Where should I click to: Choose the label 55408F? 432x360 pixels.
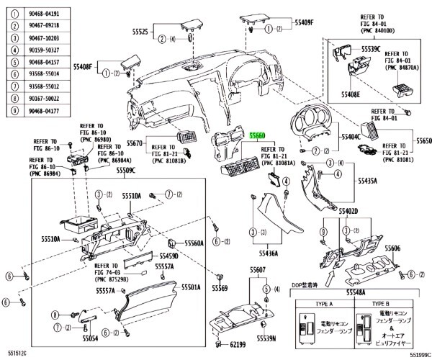pyautogui.click(x=82, y=66)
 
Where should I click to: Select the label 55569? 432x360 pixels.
pyautogui.click(x=220, y=288)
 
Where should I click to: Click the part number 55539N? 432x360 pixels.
pyautogui.click(x=266, y=338)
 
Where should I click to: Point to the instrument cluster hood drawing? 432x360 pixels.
pyautogui.click(x=314, y=127)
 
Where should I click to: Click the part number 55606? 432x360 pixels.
pyautogui.click(x=392, y=248)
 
